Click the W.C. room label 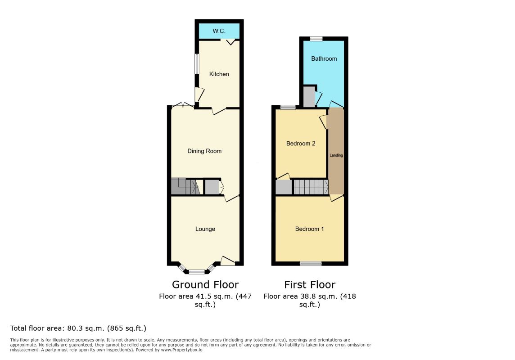tap(219, 31)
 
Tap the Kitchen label tap(219, 74)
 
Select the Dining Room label tap(204, 151)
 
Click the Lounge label tap(205, 229)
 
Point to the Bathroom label tap(324, 58)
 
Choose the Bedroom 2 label tap(301, 144)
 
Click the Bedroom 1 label tap(309, 229)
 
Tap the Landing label tap(336, 155)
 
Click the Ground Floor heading tap(205, 284)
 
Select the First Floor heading tap(310, 284)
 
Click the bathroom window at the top tap(316, 39)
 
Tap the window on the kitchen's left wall tap(197, 64)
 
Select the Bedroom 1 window tap(311, 263)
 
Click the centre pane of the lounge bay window tap(196, 272)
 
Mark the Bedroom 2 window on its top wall tap(288, 107)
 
